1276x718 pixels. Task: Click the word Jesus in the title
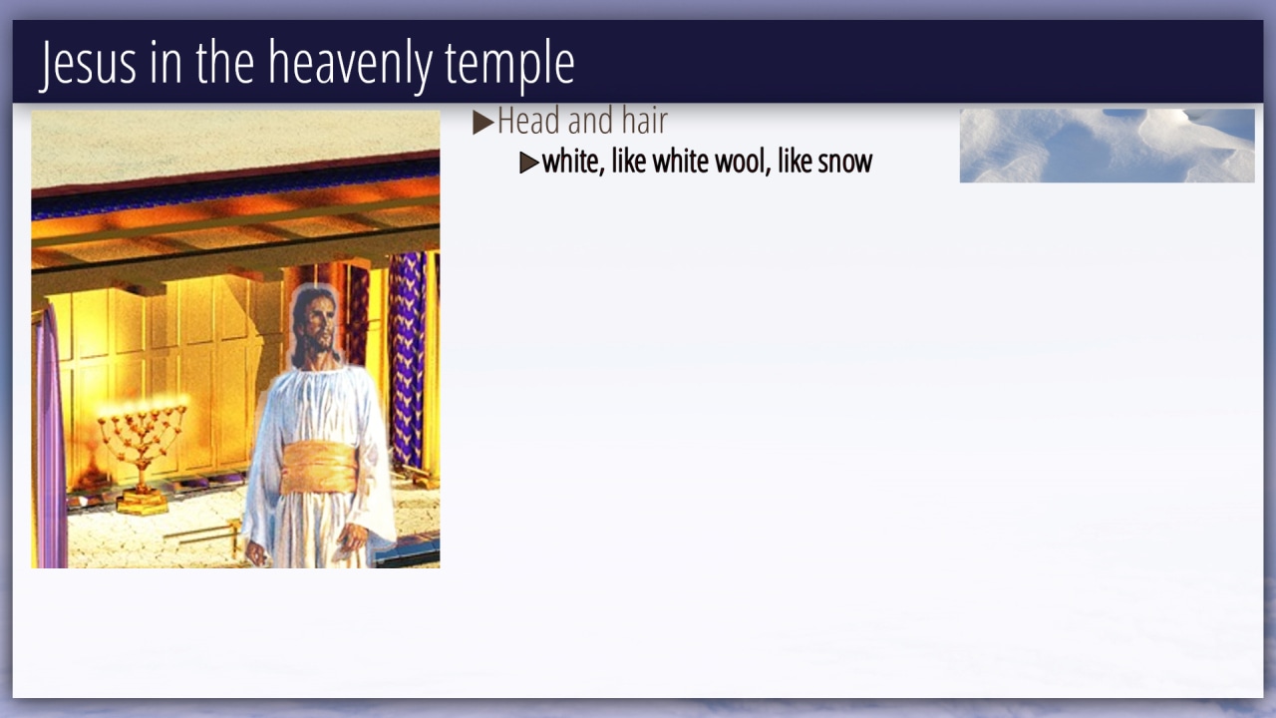(x=89, y=64)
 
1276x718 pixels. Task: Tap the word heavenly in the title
(x=350, y=64)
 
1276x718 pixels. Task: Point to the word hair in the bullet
(x=644, y=121)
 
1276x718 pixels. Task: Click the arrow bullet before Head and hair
(x=483, y=123)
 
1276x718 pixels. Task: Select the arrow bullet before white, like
(x=529, y=163)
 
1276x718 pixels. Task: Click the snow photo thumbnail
(x=1107, y=146)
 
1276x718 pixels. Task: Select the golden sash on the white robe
(x=319, y=468)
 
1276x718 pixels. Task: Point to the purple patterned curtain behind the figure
(x=407, y=359)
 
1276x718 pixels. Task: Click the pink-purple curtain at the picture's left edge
(x=50, y=439)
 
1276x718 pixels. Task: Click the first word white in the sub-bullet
(x=572, y=162)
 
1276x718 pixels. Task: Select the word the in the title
(x=225, y=63)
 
